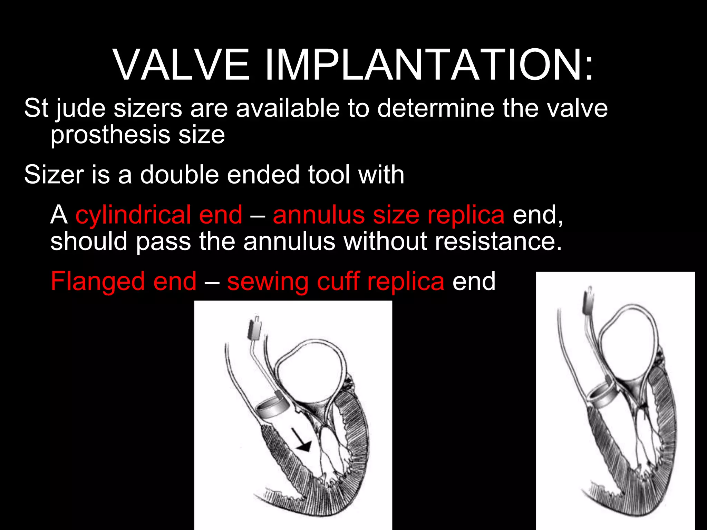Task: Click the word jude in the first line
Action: coord(81,109)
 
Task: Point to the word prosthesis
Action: coord(110,135)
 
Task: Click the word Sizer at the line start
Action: coord(54,174)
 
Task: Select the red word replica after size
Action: coord(466,215)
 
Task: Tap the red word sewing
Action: coord(268,281)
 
